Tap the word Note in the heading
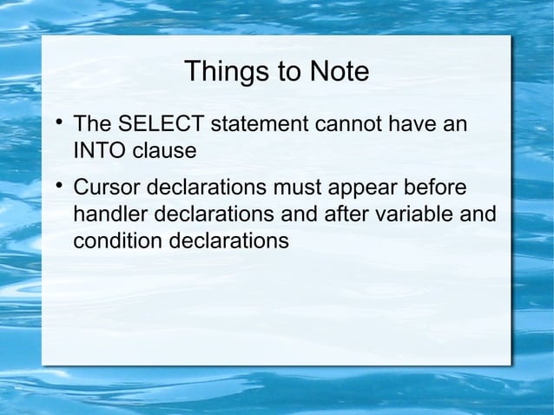[x=336, y=72]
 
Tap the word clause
[x=162, y=151]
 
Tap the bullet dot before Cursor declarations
[x=57, y=185]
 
